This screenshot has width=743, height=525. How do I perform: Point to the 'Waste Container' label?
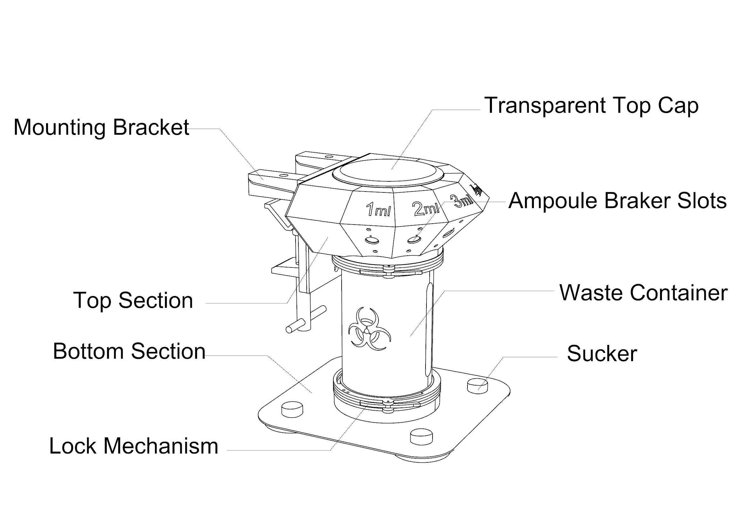tap(643, 293)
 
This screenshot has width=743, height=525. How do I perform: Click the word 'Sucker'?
tap(602, 353)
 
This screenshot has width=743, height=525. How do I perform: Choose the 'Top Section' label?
tap(133, 300)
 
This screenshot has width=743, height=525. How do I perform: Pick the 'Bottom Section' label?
tap(129, 351)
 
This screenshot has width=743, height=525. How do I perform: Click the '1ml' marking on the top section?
tap(378, 209)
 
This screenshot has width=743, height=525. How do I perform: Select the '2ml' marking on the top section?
tap(426, 209)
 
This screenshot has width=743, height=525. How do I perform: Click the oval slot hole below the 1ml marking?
tap(372, 241)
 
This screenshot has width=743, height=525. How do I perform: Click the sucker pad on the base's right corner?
tap(477, 386)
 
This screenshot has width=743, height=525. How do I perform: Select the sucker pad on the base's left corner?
tap(292, 409)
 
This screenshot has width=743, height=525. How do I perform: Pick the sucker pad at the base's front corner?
tap(421, 437)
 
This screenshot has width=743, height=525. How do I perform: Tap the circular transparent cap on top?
tap(388, 173)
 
